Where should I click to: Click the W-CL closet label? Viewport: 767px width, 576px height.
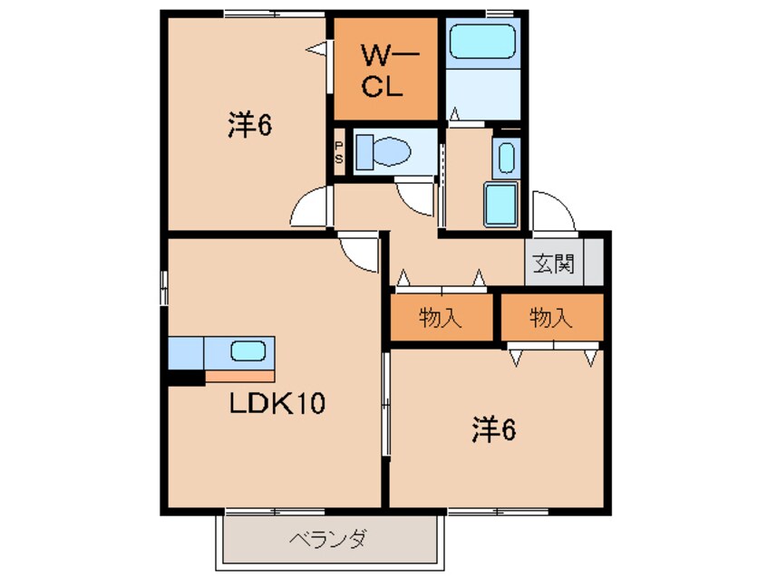(387, 72)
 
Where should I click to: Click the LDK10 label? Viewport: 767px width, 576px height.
(276, 403)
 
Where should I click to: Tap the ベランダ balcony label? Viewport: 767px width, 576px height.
(328, 541)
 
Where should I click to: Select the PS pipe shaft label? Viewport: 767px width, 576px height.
(339, 152)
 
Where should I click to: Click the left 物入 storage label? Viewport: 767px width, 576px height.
(442, 318)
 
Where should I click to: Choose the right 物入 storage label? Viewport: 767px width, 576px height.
(551, 318)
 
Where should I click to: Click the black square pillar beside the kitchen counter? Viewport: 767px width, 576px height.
(186, 378)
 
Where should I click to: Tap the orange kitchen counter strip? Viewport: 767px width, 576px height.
(239, 375)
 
